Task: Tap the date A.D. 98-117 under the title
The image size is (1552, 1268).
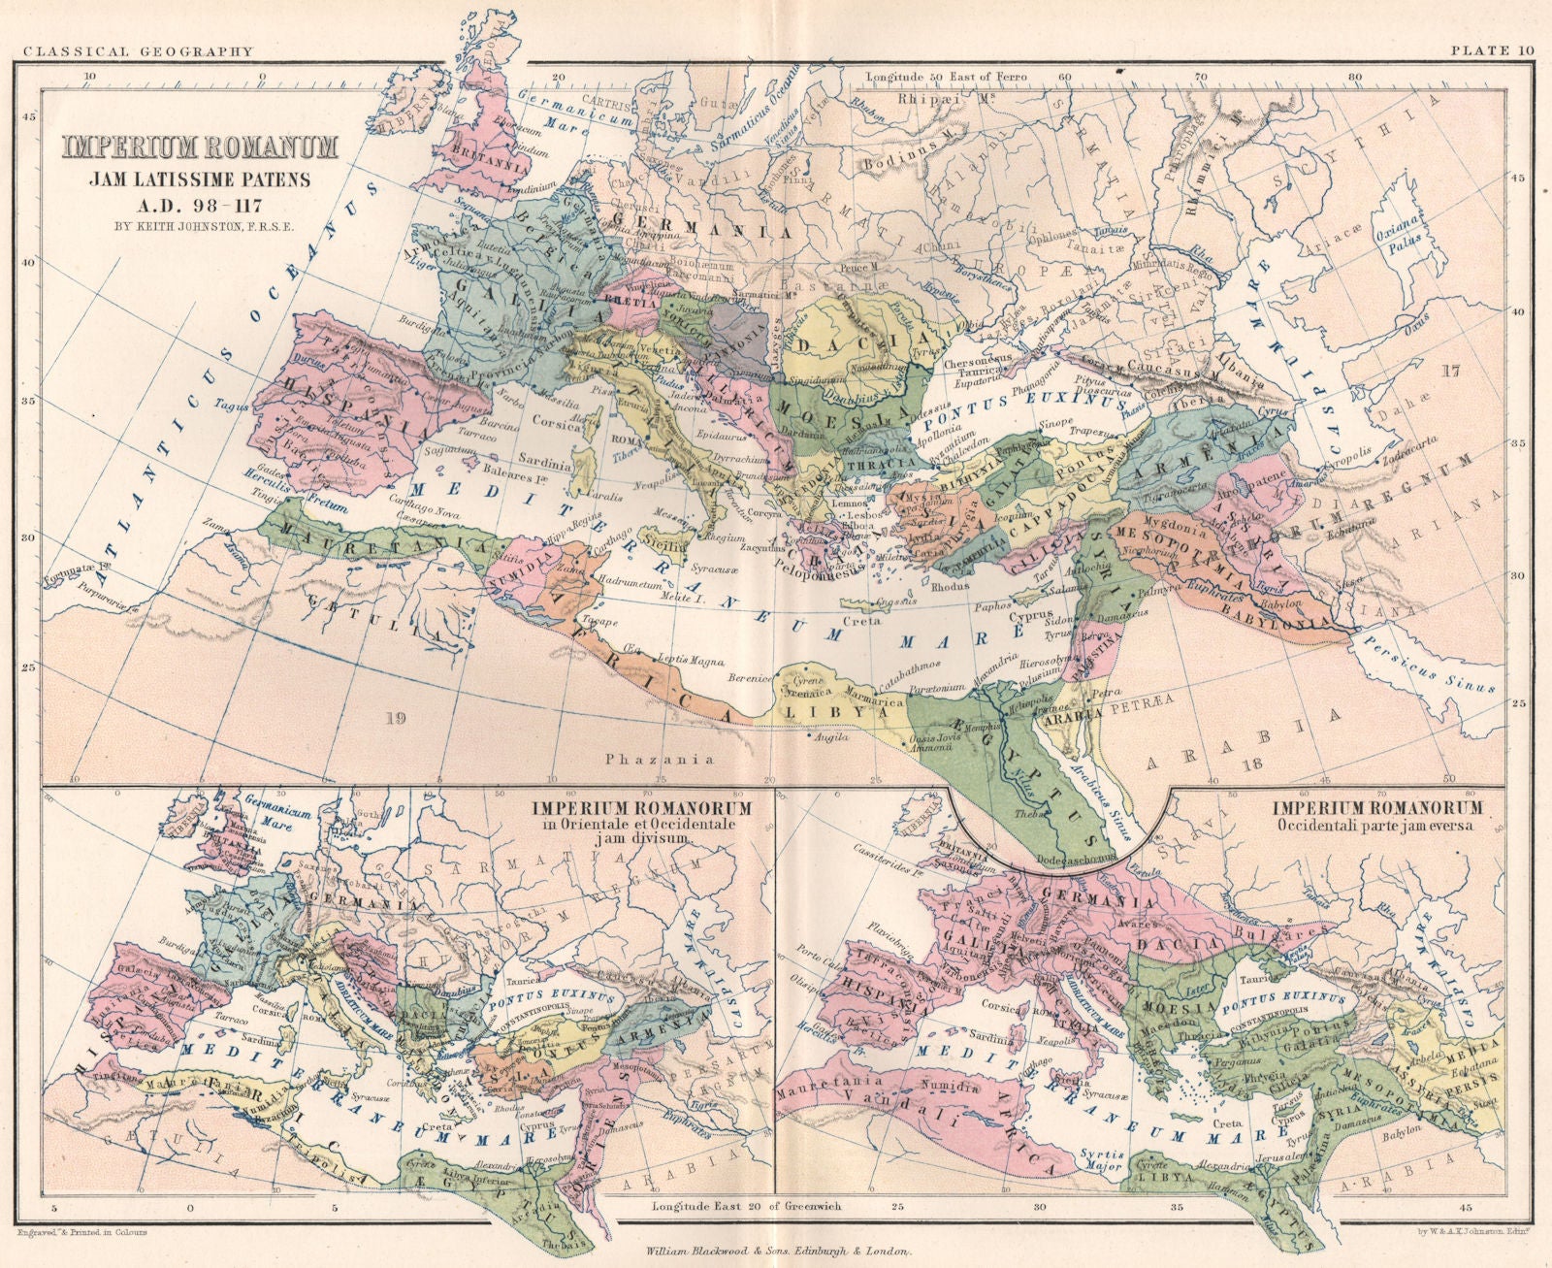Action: pyautogui.click(x=201, y=200)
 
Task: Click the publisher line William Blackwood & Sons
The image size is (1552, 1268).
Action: pyautogui.click(x=776, y=1252)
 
